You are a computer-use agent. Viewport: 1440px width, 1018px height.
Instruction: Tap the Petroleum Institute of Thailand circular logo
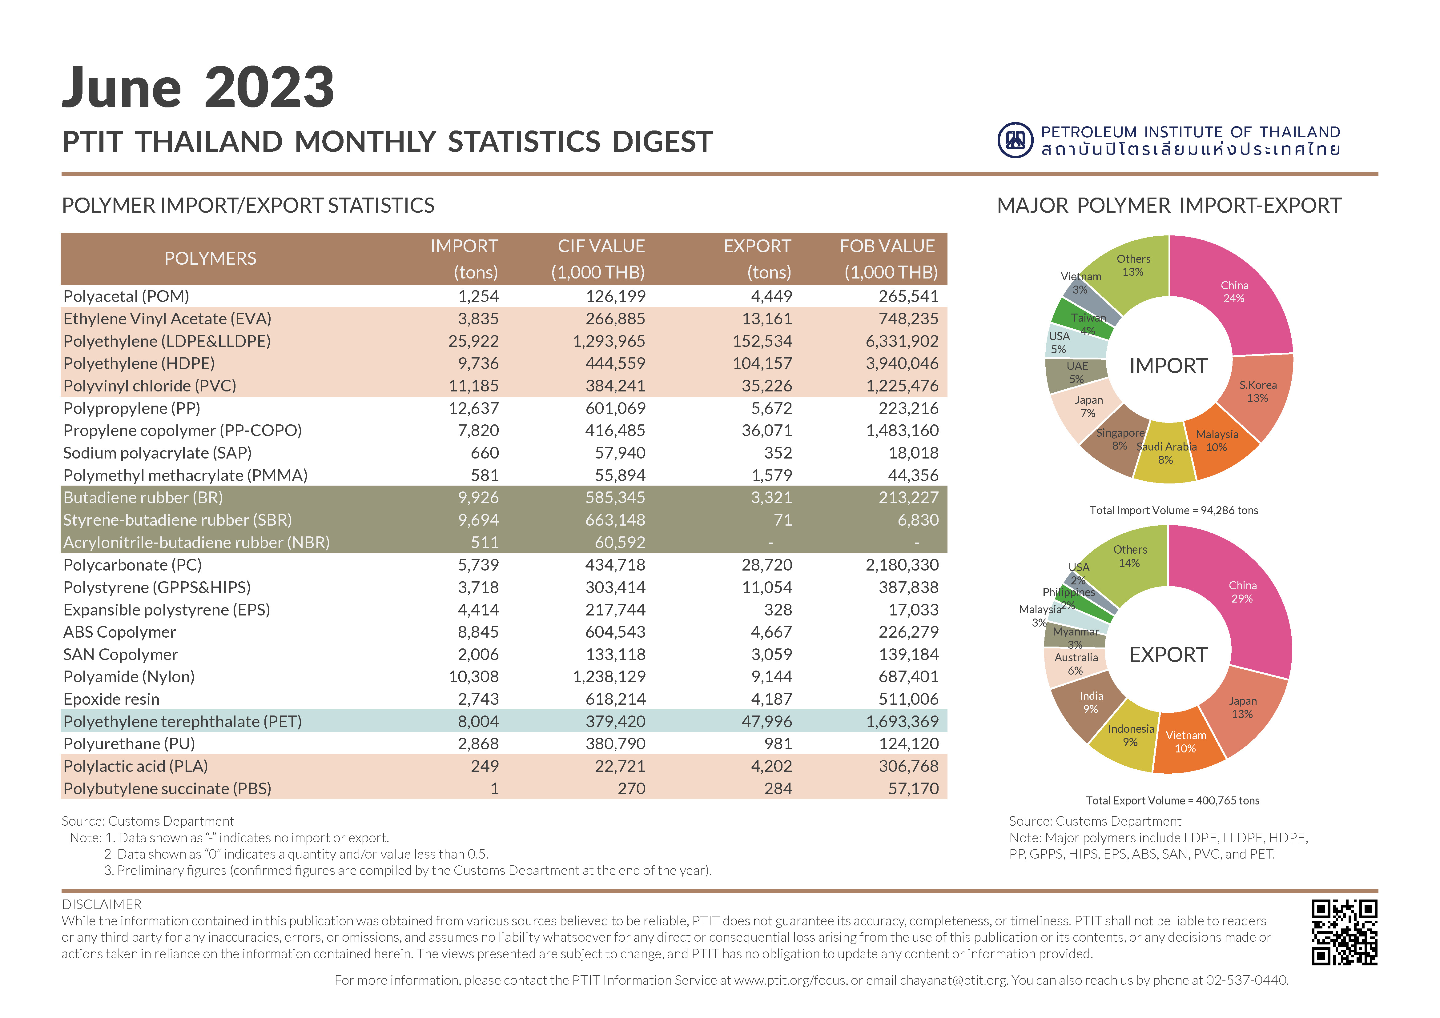click(1016, 140)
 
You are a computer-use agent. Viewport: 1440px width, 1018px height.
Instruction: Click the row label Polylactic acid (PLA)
click(135, 766)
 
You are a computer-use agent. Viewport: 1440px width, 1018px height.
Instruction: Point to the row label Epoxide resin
click(111, 699)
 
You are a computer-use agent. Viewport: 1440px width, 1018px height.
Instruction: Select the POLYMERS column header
click(210, 258)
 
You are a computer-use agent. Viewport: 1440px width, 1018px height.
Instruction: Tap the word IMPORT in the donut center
click(1168, 366)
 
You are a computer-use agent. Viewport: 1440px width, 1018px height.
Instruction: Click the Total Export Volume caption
click(1172, 800)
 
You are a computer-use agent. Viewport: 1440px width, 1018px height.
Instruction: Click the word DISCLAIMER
click(102, 904)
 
